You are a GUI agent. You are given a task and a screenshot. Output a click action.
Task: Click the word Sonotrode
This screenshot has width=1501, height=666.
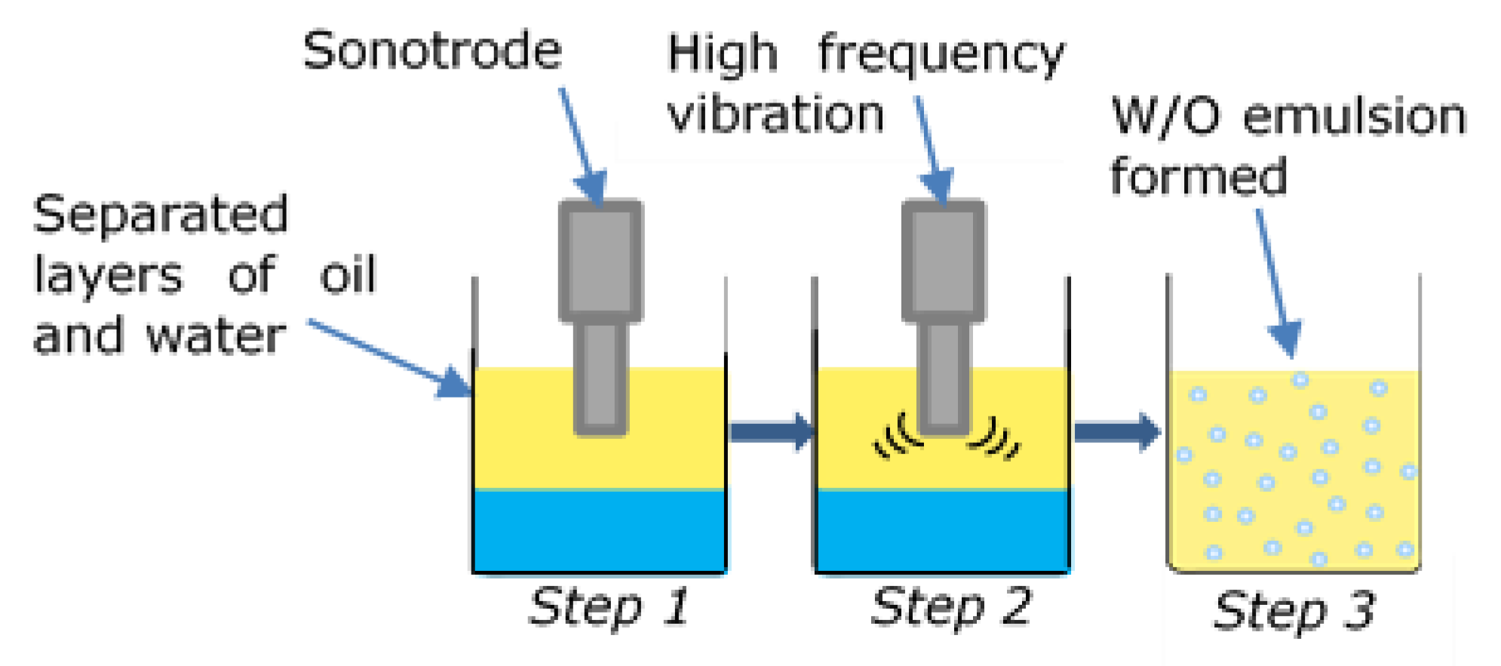click(x=432, y=51)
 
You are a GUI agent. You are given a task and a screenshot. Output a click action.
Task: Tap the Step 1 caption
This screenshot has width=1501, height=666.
click(x=608, y=608)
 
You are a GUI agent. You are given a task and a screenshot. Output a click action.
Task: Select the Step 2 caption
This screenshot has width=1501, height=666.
click(x=950, y=608)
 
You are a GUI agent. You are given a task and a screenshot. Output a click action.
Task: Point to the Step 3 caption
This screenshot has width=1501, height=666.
click(x=1294, y=611)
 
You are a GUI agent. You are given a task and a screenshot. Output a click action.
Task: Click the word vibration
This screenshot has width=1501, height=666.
click(x=775, y=115)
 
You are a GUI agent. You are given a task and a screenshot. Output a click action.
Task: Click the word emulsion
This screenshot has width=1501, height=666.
click(x=1355, y=118)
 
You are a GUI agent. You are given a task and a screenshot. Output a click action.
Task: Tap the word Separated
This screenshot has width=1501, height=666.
click(x=161, y=215)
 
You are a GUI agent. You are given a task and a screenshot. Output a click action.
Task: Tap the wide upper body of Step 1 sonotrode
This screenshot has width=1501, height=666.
click(x=600, y=260)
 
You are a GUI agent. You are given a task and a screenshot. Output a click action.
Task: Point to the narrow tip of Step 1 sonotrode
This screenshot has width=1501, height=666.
click(x=600, y=377)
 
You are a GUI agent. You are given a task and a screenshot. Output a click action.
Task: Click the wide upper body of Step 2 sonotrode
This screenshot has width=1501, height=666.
click(x=944, y=260)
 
